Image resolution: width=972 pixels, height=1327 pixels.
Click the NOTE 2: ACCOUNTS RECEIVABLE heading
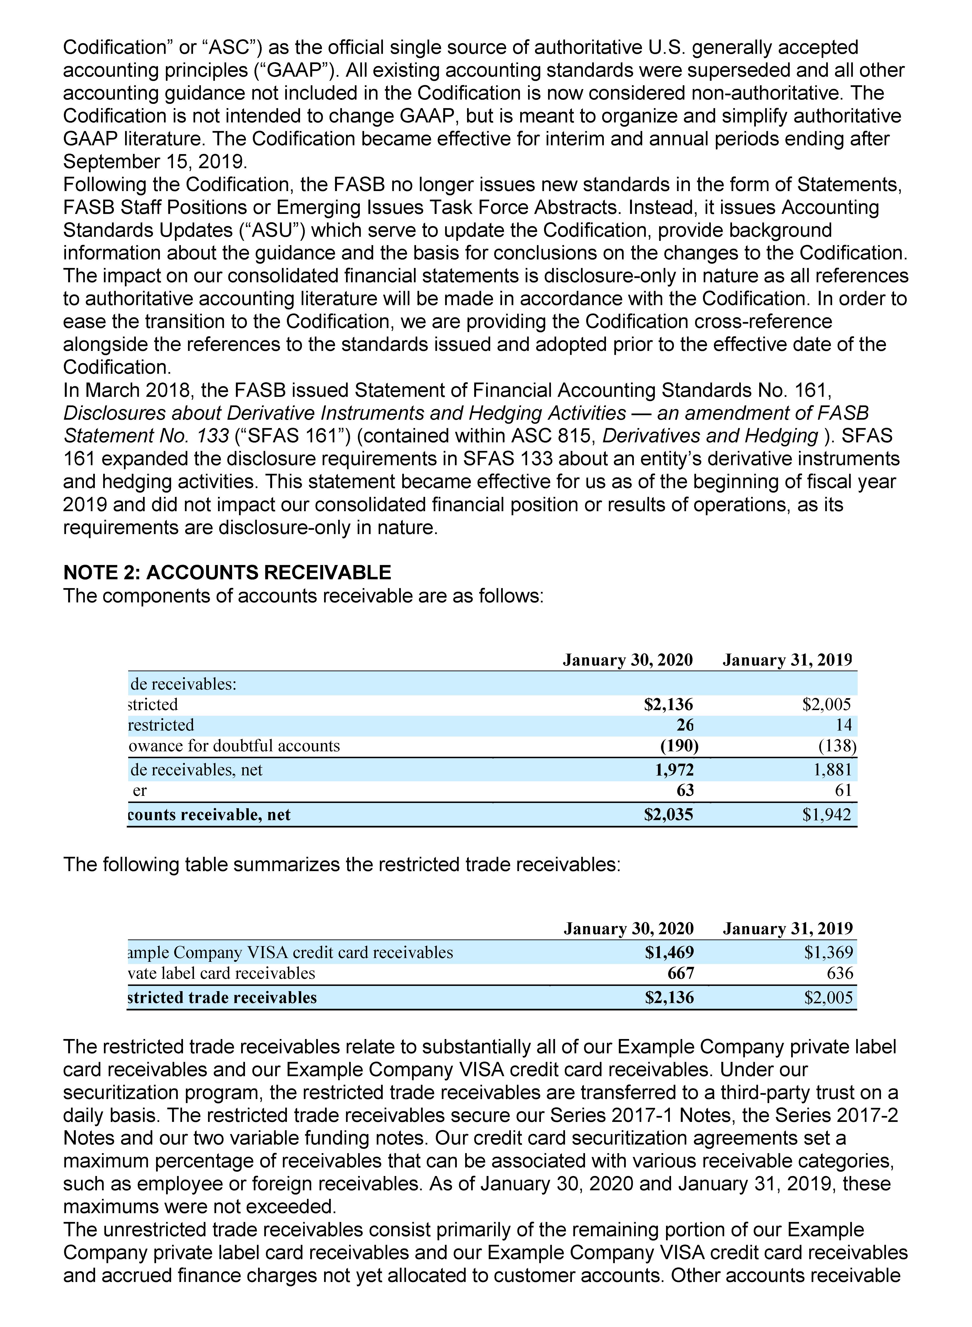[227, 572]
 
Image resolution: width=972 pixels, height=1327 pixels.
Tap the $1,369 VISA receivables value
[829, 952]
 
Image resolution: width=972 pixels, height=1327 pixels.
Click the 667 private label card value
[681, 973]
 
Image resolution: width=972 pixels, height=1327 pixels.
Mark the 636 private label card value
[840, 973]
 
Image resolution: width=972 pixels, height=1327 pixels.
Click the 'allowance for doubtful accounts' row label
[234, 746]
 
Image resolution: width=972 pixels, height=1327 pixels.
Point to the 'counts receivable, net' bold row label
[209, 815]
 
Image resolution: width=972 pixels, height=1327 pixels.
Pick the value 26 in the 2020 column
[685, 725]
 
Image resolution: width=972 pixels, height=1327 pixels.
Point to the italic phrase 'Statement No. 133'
[146, 436]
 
